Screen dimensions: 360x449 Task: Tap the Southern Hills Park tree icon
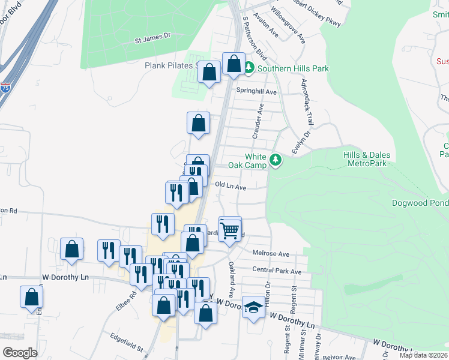click(x=249, y=68)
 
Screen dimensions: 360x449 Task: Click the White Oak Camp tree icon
click(x=276, y=160)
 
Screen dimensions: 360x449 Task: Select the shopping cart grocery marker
click(x=230, y=229)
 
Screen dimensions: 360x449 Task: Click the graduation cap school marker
click(x=254, y=307)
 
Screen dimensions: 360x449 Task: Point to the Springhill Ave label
click(x=256, y=92)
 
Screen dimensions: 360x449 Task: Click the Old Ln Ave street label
click(x=231, y=187)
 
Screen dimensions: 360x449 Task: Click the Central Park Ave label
click(x=277, y=271)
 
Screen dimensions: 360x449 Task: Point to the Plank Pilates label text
click(x=170, y=65)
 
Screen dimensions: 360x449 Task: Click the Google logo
click(x=20, y=353)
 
